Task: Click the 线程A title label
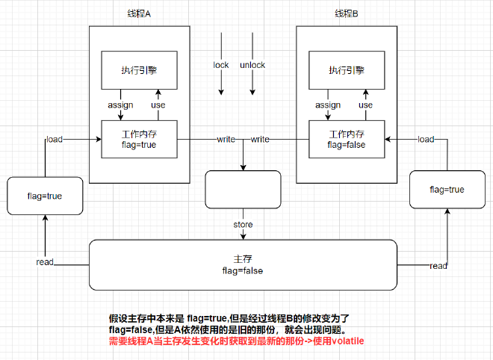138,15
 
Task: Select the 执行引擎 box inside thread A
138,70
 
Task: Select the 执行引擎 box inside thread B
347,70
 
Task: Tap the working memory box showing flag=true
138,139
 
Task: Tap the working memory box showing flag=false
347,139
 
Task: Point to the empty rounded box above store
243,190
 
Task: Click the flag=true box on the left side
44,196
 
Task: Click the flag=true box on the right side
447,190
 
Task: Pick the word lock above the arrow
221,65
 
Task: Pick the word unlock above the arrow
252,65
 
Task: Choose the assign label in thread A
120,105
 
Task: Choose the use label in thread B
365,105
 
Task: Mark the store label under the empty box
244,224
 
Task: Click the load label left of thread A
55,139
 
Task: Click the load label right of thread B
426,139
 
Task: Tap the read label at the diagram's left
44,262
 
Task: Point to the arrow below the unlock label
252,83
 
